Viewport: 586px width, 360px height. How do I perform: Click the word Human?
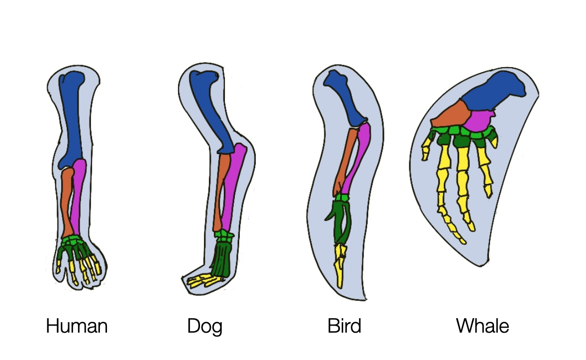click(77, 327)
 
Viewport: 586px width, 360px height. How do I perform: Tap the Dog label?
click(204, 327)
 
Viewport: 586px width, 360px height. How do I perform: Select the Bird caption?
click(344, 327)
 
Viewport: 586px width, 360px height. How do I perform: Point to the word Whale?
click(483, 327)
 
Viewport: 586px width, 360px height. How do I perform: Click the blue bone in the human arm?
click(73, 119)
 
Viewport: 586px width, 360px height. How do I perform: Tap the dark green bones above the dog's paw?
click(221, 259)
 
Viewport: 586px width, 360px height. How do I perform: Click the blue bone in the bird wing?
click(348, 99)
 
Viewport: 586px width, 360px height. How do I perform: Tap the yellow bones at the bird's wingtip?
click(341, 264)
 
